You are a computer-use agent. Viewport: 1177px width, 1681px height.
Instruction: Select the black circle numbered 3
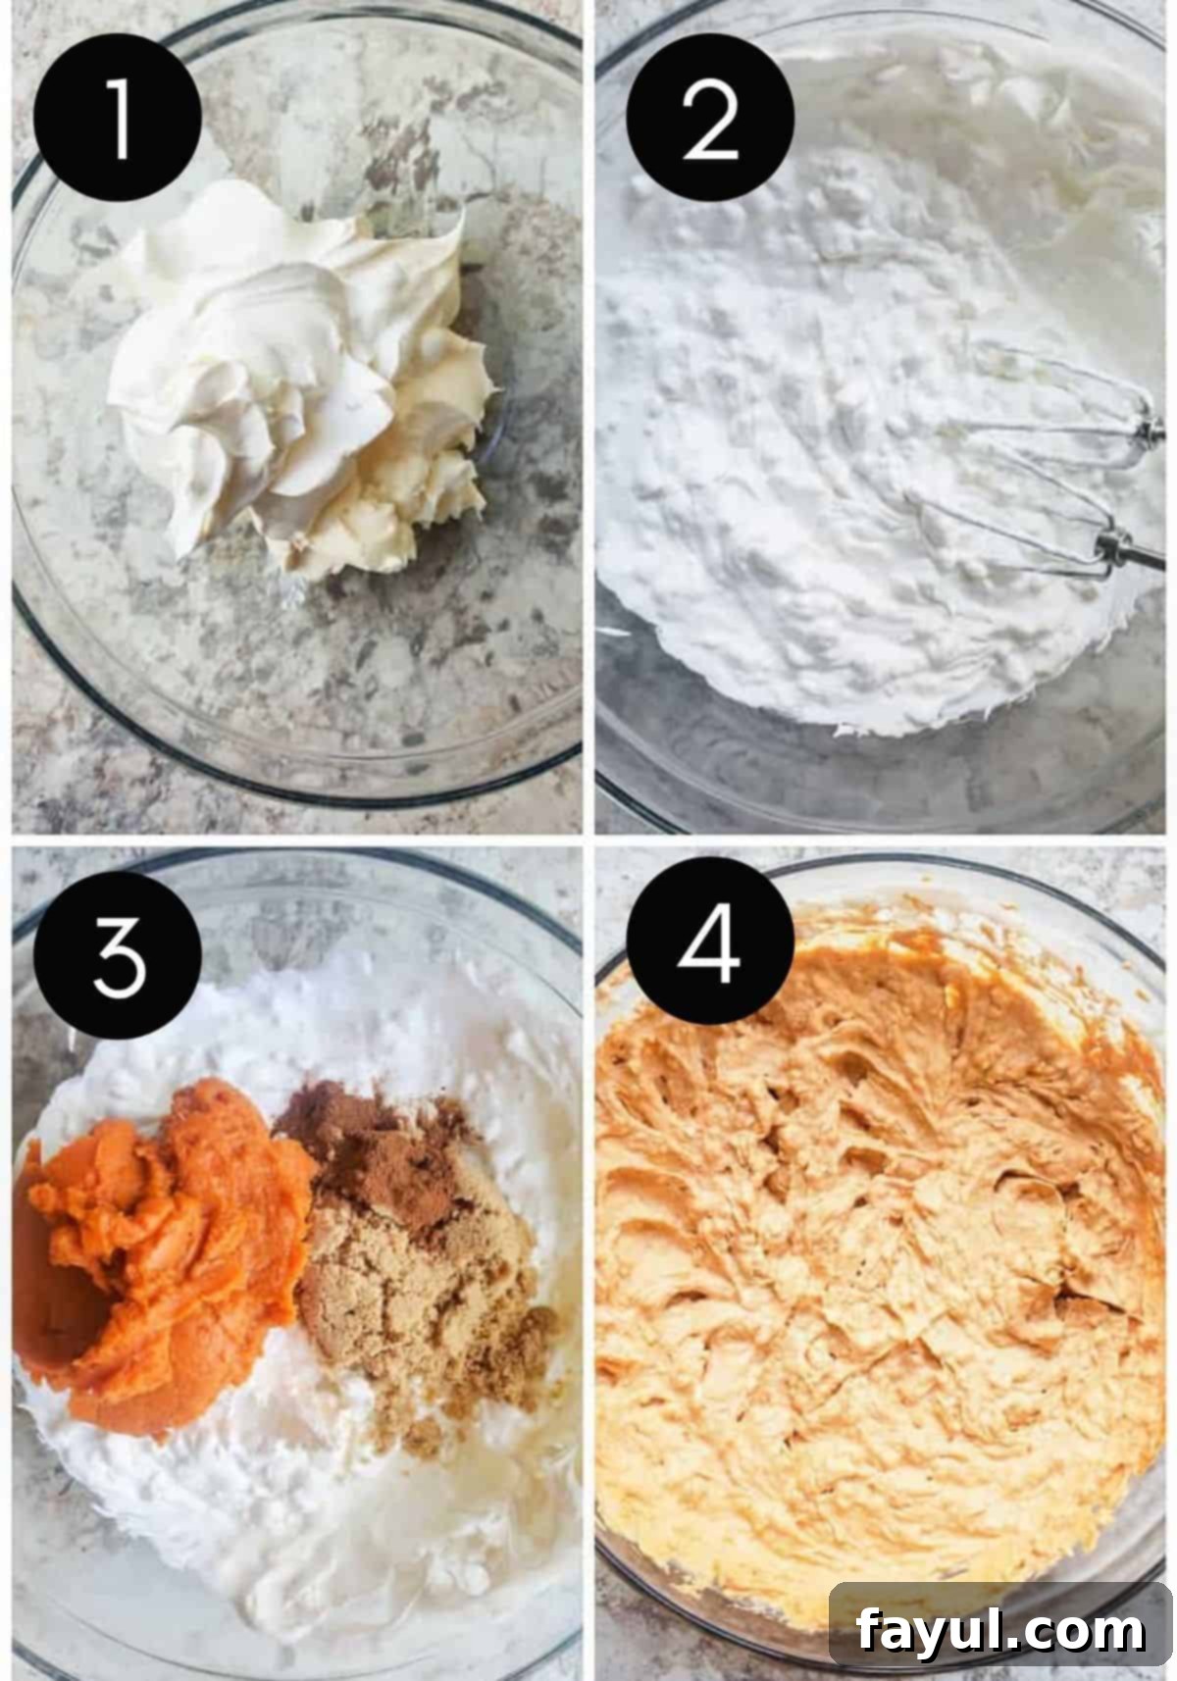tap(118, 957)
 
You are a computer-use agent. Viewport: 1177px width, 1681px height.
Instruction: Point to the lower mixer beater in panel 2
tap(1020, 530)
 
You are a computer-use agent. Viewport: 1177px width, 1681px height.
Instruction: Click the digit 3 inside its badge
tap(118, 957)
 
